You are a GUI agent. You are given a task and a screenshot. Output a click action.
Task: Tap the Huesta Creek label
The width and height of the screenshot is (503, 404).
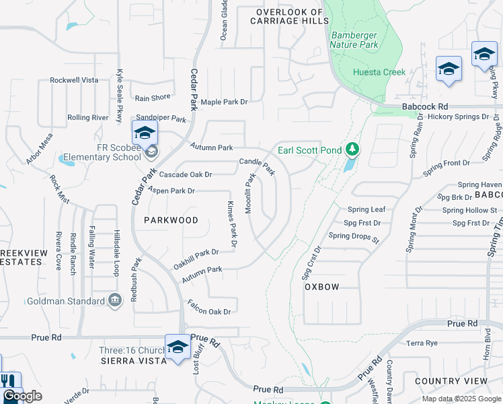pos(379,72)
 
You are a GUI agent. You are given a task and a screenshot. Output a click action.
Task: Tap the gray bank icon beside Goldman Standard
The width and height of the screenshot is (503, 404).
pos(114,299)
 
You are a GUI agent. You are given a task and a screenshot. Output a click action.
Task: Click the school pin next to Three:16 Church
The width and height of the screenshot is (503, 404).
pos(178,347)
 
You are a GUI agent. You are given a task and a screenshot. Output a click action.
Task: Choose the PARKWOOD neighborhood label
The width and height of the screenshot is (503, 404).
pos(171,220)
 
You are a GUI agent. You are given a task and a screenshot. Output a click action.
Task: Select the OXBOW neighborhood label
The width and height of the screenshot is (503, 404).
pos(321,286)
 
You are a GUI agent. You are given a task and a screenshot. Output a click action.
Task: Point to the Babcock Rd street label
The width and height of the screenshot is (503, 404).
pos(425,106)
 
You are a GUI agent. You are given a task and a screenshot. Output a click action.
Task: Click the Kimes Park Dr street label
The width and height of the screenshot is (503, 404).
pos(232,224)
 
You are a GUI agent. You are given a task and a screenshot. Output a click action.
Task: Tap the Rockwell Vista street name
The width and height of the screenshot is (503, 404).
pos(74,79)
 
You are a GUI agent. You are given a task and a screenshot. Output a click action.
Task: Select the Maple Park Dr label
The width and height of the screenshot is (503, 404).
pos(224,102)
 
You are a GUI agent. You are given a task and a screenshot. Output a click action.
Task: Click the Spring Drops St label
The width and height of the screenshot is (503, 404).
pos(354,237)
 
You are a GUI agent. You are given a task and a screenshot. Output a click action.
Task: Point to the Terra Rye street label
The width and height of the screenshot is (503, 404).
pos(422,343)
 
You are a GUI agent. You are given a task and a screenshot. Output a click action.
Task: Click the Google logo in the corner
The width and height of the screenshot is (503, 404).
pos(22,396)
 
